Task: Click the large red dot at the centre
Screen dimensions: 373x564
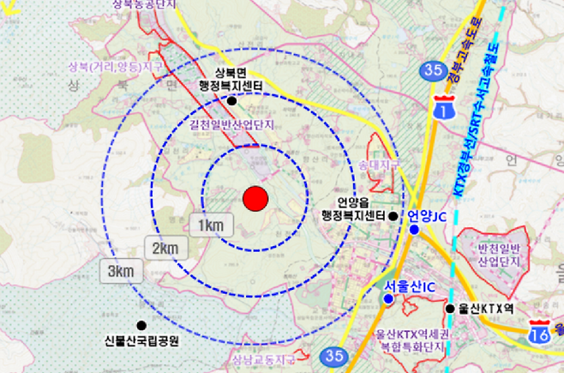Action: tap(255, 199)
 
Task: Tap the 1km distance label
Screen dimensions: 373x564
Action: tap(210, 226)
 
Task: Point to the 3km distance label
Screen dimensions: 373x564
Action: tap(121, 272)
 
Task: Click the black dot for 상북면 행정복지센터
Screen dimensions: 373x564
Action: tap(231, 100)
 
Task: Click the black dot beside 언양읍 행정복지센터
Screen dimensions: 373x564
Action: tap(393, 216)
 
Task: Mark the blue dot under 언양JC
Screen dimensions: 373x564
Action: tap(414, 230)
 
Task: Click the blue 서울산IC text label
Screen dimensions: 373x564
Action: tap(411, 286)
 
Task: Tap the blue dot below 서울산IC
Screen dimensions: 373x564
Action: tap(388, 298)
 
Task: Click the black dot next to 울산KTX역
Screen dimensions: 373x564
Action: tap(449, 308)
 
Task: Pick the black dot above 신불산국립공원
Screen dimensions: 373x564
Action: tap(141, 325)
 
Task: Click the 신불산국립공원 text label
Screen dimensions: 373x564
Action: tap(141, 340)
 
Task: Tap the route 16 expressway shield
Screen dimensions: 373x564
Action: tap(539, 331)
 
